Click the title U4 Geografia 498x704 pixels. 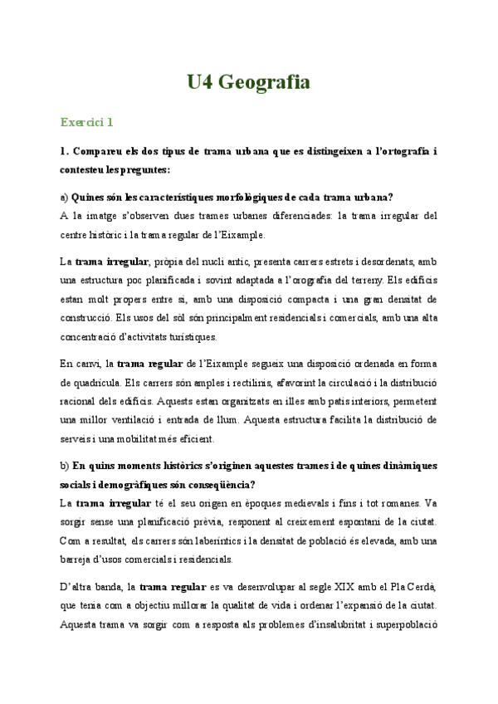tap(248, 82)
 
